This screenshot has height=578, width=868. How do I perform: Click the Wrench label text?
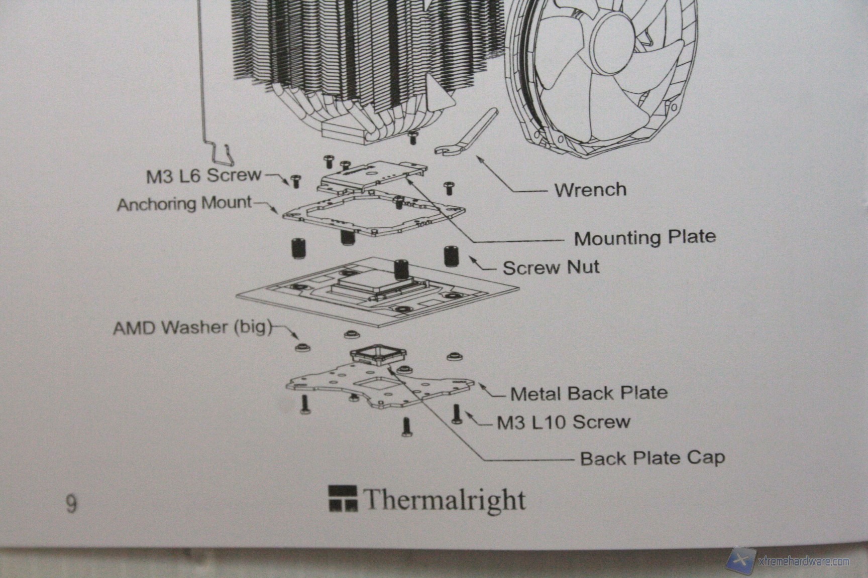pos(590,190)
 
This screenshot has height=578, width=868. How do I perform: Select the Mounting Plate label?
pos(645,237)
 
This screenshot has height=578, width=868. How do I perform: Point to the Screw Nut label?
pos(551,267)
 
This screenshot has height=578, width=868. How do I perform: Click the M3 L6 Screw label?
pos(203,176)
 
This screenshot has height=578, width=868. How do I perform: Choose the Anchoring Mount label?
pos(184,204)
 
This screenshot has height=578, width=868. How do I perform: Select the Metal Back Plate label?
pos(589,393)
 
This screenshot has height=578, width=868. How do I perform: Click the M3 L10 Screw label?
pos(563,422)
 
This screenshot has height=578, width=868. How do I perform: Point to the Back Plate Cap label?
pos(652,458)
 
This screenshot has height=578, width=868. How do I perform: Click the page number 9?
pos(71,503)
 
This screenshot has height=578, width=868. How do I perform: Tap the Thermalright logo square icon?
pos(343,498)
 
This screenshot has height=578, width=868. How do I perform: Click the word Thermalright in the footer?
pos(444,500)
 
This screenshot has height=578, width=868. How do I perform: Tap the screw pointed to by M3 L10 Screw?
pos(457,414)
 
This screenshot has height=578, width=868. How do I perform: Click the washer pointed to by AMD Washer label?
pos(301,346)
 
